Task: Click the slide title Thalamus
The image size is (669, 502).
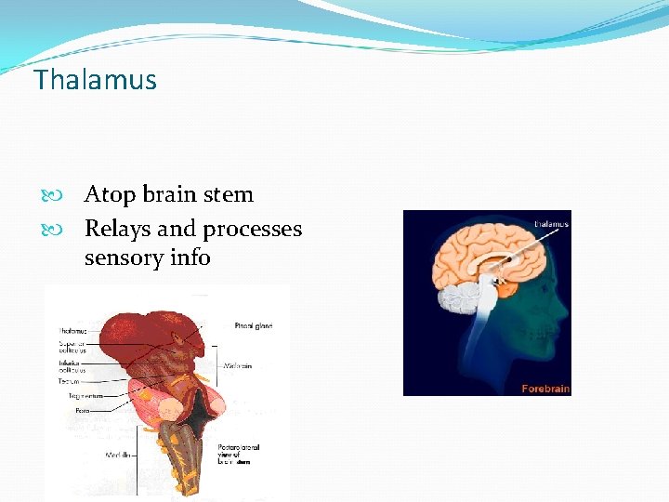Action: (96, 80)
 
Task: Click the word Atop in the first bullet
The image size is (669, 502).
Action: (108, 194)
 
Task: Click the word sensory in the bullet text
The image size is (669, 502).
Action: (124, 257)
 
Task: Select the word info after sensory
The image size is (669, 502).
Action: (190, 257)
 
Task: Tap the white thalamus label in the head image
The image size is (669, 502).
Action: (552, 223)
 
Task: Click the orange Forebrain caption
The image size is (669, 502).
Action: (544, 388)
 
